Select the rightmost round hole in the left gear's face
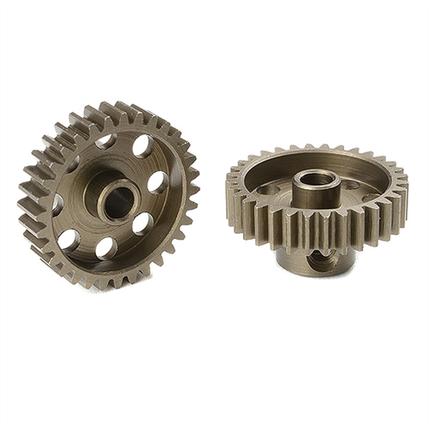tap(158, 182)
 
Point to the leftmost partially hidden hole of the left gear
tap(57, 204)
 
